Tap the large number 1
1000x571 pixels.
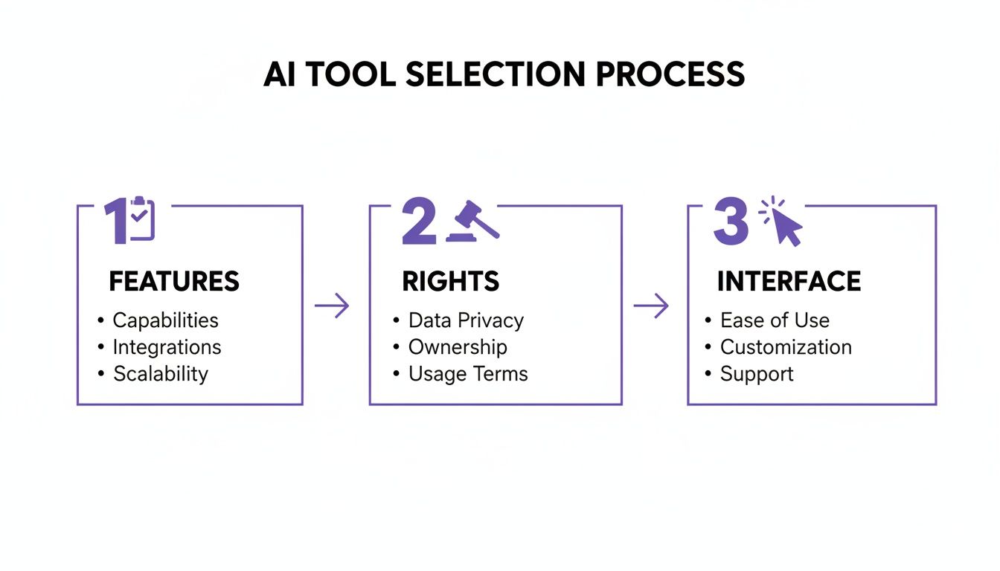116,222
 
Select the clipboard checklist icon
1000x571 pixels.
141,219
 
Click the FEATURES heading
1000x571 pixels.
174,282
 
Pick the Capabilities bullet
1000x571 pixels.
165,320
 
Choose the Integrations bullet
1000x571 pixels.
167,347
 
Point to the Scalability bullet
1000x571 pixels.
160,374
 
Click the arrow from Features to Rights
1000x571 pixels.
332,306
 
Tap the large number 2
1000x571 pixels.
419,222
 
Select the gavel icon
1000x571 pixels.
472,221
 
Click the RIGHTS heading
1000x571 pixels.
451,282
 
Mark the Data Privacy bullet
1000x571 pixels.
466,320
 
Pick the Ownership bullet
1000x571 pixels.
458,347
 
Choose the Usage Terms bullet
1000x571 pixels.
468,374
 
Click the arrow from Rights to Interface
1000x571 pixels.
651,306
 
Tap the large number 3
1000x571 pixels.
731,222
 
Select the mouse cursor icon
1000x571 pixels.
783,222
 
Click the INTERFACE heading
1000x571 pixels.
789,282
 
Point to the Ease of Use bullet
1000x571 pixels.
775,320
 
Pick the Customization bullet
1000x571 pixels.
786,347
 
